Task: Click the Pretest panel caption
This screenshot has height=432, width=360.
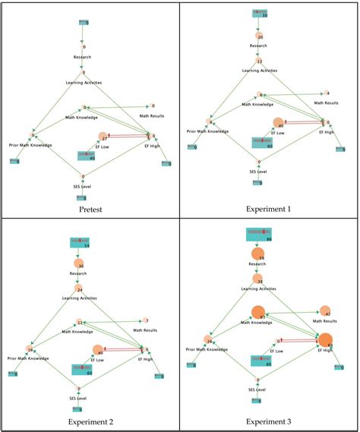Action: tap(89, 208)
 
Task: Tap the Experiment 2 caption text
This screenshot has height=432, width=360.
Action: tap(89, 421)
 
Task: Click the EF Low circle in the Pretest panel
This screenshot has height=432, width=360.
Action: tap(103, 137)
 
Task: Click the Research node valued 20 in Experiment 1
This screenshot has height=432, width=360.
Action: tap(260, 36)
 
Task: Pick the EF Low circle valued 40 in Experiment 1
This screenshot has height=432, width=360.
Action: tap(278, 124)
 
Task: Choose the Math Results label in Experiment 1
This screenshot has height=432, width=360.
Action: tap(329, 102)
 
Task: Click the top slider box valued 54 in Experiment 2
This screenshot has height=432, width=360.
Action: tap(80, 244)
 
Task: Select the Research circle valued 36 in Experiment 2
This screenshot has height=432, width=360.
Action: tap(80, 266)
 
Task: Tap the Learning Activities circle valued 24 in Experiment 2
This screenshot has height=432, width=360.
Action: tap(80, 289)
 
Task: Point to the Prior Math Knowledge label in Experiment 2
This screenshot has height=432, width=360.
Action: tap(27, 358)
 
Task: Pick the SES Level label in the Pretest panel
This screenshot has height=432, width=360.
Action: tap(81, 186)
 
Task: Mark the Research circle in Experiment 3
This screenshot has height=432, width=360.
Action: tap(258, 256)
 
